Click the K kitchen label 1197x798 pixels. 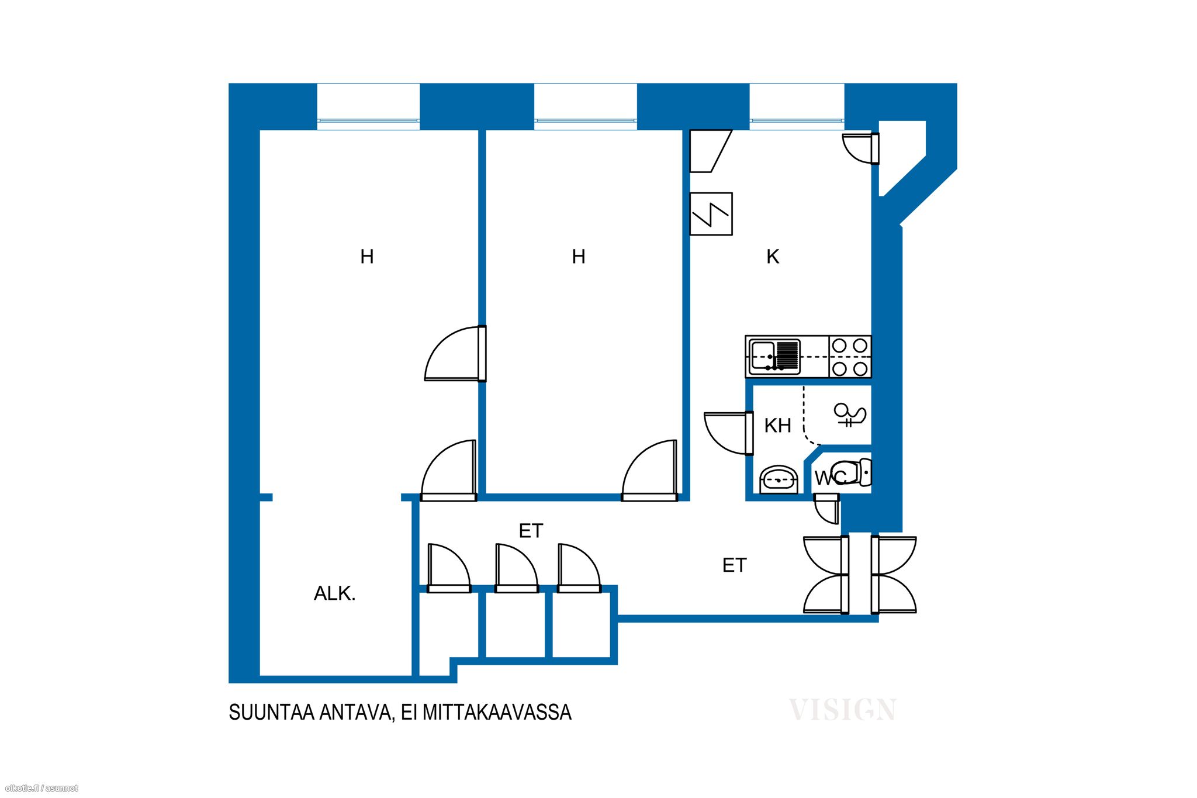[773, 256]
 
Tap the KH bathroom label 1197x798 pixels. [778, 426]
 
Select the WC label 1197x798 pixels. [829, 478]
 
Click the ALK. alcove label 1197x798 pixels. [335, 593]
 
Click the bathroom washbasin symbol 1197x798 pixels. [779, 480]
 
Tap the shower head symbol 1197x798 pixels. [849, 415]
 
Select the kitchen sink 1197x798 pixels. [775, 356]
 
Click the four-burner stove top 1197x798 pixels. [850, 357]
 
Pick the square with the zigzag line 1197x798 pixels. [711, 214]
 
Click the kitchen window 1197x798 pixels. [797, 106]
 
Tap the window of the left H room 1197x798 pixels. [368, 106]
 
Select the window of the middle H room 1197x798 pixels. [586, 106]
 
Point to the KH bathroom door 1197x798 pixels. [729, 433]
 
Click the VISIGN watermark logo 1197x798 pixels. [842, 710]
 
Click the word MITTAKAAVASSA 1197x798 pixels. [497, 712]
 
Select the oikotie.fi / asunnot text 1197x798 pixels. [41, 789]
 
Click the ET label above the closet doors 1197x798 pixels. [531, 531]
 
